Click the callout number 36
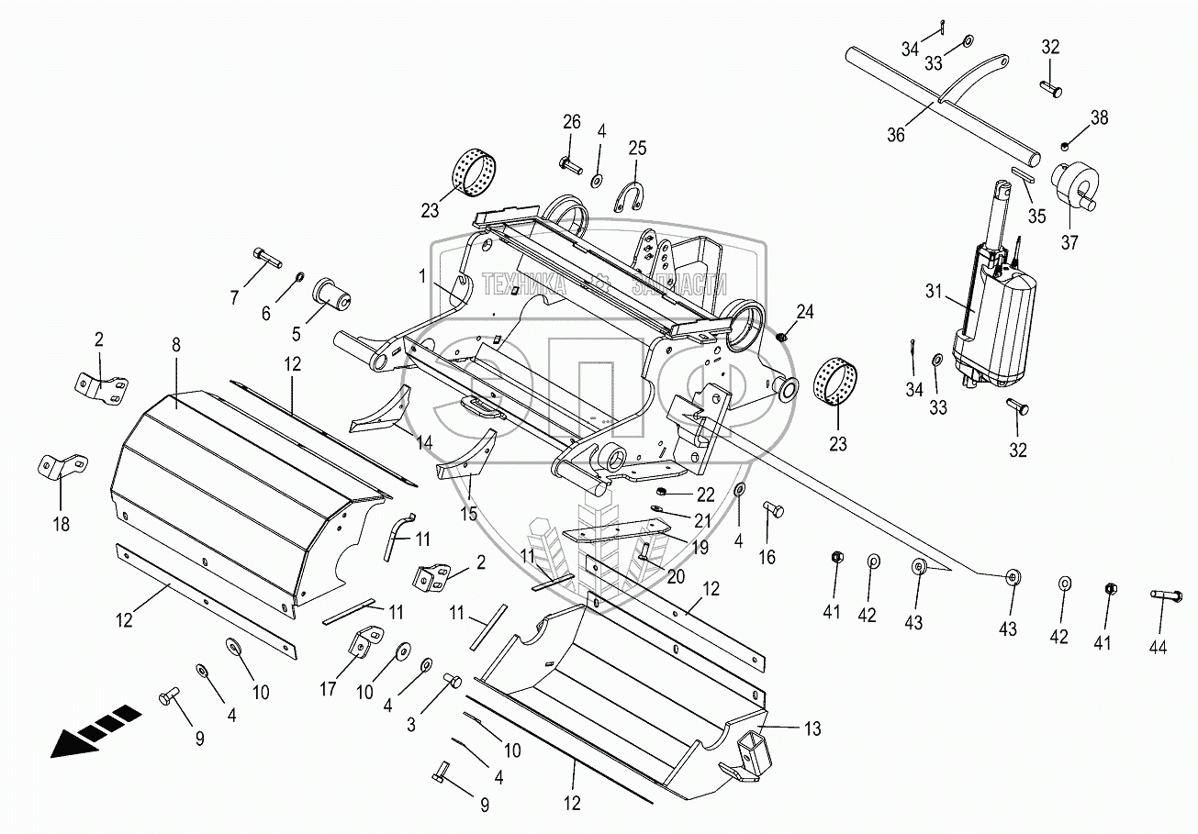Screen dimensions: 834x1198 895,134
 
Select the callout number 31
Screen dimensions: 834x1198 934,292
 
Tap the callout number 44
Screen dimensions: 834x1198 1158,647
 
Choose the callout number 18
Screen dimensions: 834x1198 61,525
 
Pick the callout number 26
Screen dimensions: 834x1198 572,122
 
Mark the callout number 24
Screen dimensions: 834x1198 805,313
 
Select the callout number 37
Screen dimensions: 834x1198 1069,243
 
